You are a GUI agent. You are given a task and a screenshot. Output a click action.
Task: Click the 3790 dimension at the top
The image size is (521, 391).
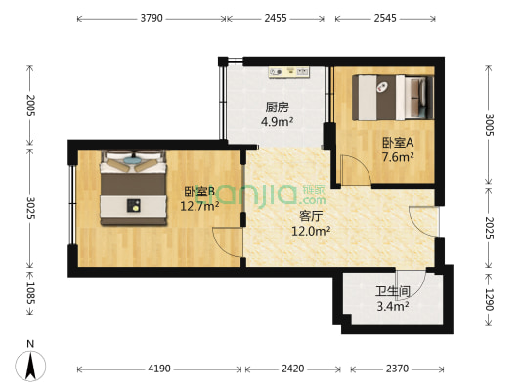151,18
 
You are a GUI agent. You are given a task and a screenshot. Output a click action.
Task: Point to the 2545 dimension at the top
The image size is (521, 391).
384,18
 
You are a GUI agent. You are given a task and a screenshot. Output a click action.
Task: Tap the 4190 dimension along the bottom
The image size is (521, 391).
159,369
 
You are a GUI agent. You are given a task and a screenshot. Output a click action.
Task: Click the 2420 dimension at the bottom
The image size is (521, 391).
292,369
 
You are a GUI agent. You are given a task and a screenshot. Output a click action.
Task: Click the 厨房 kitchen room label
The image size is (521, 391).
278,108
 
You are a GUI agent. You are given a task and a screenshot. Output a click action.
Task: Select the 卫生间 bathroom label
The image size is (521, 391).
391,292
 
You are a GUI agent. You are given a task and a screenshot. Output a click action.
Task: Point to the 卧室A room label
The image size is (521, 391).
398,142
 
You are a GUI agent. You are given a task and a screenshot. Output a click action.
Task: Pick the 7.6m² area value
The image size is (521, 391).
398,156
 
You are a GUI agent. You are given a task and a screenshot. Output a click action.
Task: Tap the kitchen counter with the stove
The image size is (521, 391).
284,72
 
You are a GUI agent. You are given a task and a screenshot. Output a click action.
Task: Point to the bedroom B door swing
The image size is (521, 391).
228,242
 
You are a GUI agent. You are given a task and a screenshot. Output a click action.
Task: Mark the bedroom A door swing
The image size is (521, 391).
354,172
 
